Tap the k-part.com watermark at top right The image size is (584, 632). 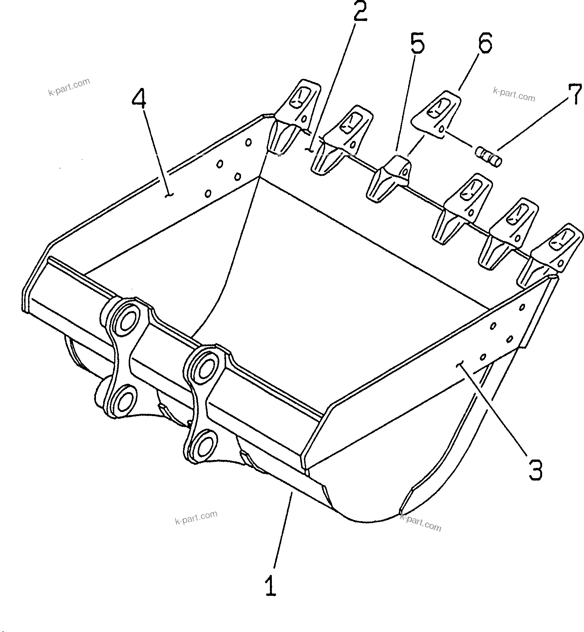(514, 94)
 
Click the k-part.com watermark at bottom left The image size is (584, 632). (196, 518)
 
